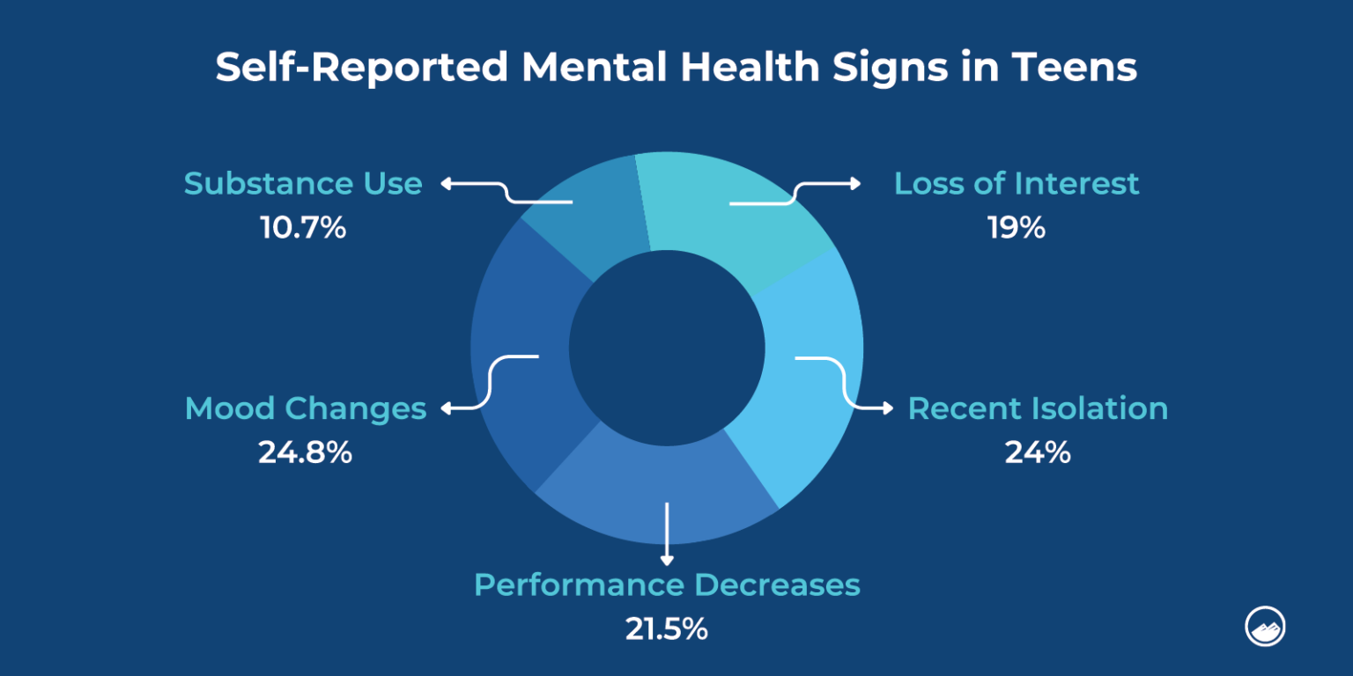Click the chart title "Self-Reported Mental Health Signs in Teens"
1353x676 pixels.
coord(676,68)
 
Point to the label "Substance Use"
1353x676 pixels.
coord(303,184)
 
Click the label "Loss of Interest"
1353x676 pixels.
coord(1017,184)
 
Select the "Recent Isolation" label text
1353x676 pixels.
coord(1038,409)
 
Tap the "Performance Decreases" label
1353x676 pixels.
coord(667,585)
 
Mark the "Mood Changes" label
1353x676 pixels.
coord(305,409)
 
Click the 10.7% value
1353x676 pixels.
coord(303,229)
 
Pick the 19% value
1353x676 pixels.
coord(1016,229)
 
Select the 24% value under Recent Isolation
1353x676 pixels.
coord(1038,453)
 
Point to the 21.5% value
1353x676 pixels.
coord(667,629)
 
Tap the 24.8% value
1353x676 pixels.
coord(305,453)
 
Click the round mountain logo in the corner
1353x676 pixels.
coord(1265,626)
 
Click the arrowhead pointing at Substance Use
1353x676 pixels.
coord(446,183)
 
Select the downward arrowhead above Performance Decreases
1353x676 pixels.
coord(667,559)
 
